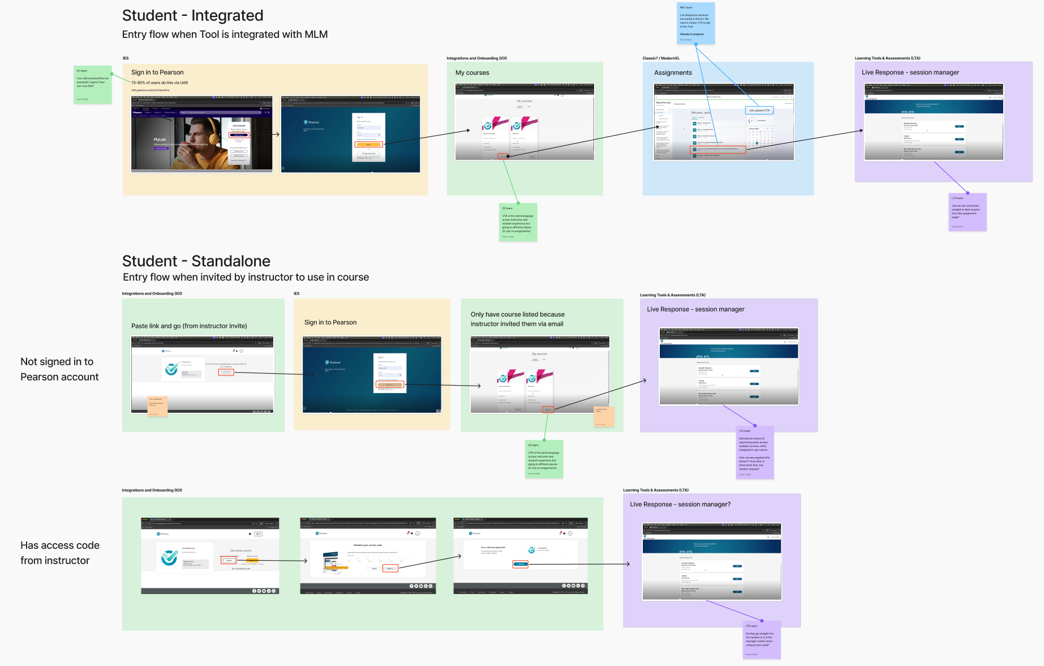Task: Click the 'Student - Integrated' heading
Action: (x=192, y=15)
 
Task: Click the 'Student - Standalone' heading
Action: (x=196, y=261)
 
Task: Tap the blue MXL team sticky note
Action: (x=695, y=23)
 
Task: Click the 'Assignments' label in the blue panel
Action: (x=673, y=72)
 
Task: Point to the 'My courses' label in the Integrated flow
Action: (x=472, y=72)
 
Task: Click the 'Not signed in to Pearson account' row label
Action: (x=59, y=369)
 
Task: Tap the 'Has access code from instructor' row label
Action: (x=59, y=553)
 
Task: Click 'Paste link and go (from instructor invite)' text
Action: (x=189, y=326)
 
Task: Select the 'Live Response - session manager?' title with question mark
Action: (x=680, y=504)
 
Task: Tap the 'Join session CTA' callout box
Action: (x=759, y=110)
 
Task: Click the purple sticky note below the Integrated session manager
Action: (x=967, y=212)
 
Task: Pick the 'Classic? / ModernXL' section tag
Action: (x=661, y=58)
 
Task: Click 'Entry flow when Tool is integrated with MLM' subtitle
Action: (x=225, y=35)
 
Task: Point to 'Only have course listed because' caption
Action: (x=517, y=314)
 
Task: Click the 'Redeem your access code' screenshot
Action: (x=368, y=555)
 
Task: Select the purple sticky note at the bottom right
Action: (x=761, y=640)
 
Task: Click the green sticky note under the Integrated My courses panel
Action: (x=517, y=222)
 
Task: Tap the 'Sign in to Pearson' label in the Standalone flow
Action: (x=330, y=322)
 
